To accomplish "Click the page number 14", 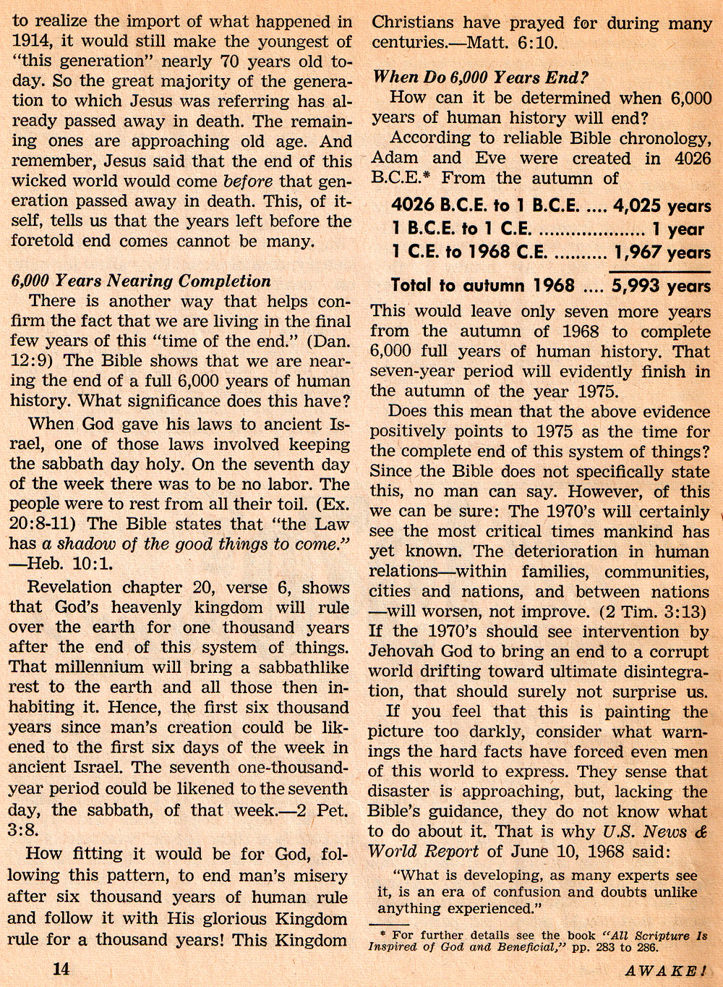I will pos(61,968).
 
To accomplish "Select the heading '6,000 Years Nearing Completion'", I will pos(141,281).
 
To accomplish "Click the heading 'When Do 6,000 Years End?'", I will pos(480,77).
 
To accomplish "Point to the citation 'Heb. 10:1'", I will pos(69,564).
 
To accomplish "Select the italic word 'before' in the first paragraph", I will pos(249,181).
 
